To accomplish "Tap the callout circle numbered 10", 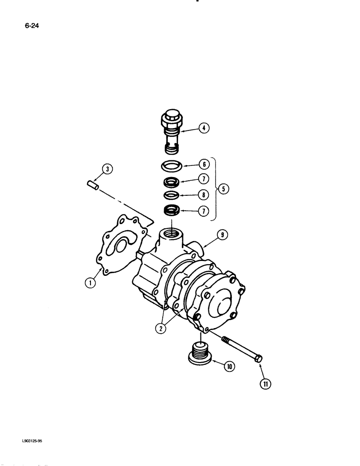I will click(229, 366).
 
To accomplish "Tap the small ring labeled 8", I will click(171, 195).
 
